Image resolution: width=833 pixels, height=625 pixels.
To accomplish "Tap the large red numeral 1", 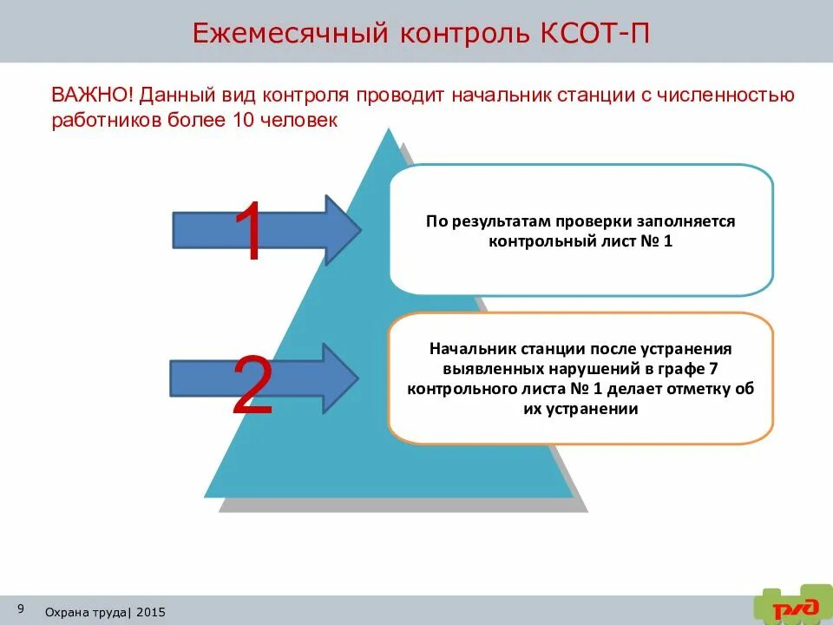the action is click(250, 232).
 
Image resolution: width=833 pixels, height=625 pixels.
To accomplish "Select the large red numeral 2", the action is click(253, 385).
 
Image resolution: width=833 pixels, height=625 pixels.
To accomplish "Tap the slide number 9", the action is click(20, 608).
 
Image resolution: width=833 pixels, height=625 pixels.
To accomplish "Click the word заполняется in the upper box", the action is click(687, 221).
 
